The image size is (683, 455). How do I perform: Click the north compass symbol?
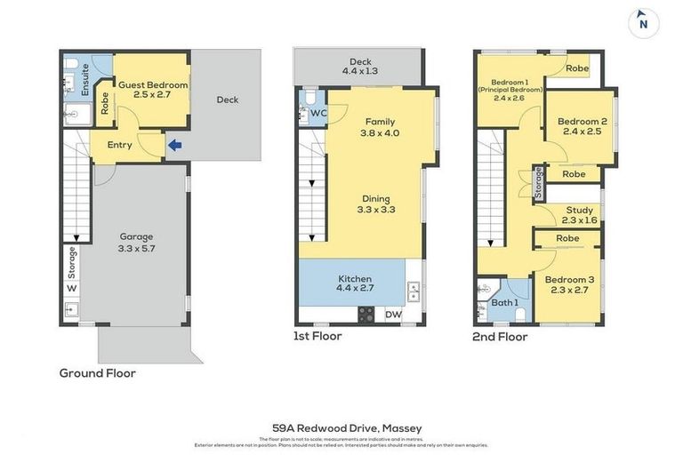(x=643, y=23)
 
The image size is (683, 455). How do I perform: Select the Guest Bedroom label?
(x=153, y=91)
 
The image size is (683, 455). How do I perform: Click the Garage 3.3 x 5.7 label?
(x=137, y=243)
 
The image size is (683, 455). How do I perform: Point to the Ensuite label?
(x=85, y=80)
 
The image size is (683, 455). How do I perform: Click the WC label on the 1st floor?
(x=317, y=113)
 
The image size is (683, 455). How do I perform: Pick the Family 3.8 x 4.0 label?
(x=380, y=127)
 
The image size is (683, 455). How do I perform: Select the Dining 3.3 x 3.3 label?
(x=376, y=204)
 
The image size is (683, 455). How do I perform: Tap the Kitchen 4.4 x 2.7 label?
(x=355, y=283)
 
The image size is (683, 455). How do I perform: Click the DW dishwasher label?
(x=393, y=315)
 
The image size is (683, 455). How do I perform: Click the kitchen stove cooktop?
(x=366, y=314)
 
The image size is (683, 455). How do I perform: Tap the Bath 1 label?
(x=505, y=303)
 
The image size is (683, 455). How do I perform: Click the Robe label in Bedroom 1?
(x=577, y=68)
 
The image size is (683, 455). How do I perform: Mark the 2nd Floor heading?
(x=501, y=337)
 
